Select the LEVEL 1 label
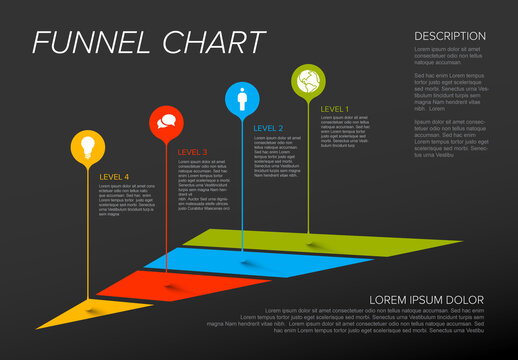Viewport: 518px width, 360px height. coord(335,108)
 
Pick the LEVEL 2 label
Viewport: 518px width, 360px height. coord(268,128)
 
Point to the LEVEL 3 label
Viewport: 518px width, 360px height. coord(192,152)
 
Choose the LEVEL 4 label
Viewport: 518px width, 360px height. coord(115,176)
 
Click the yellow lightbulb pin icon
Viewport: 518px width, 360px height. coord(88,147)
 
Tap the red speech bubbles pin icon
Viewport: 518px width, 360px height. coord(165,123)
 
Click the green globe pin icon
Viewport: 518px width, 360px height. coord(307,80)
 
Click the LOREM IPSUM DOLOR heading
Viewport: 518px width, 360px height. coord(426,300)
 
